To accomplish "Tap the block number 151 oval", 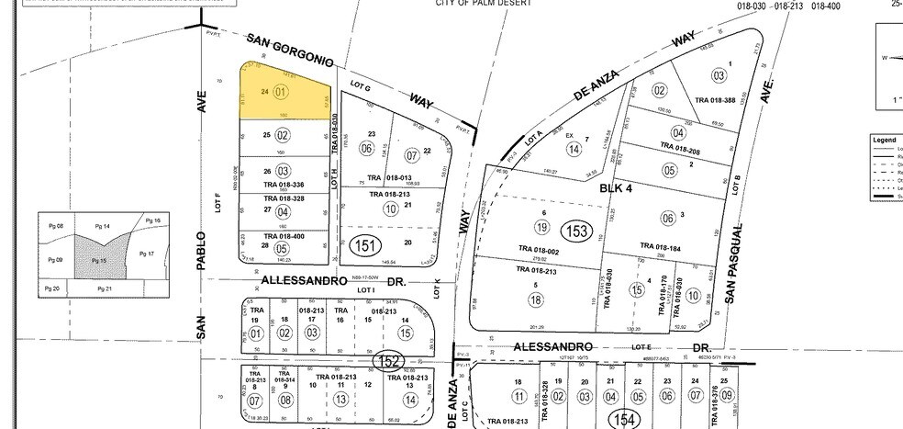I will pyautogui.click(x=365, y=246).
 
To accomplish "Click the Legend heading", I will pyautogui.click(x=885, y=140).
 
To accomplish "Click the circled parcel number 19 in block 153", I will pyautogui.click(x=541, y=227).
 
